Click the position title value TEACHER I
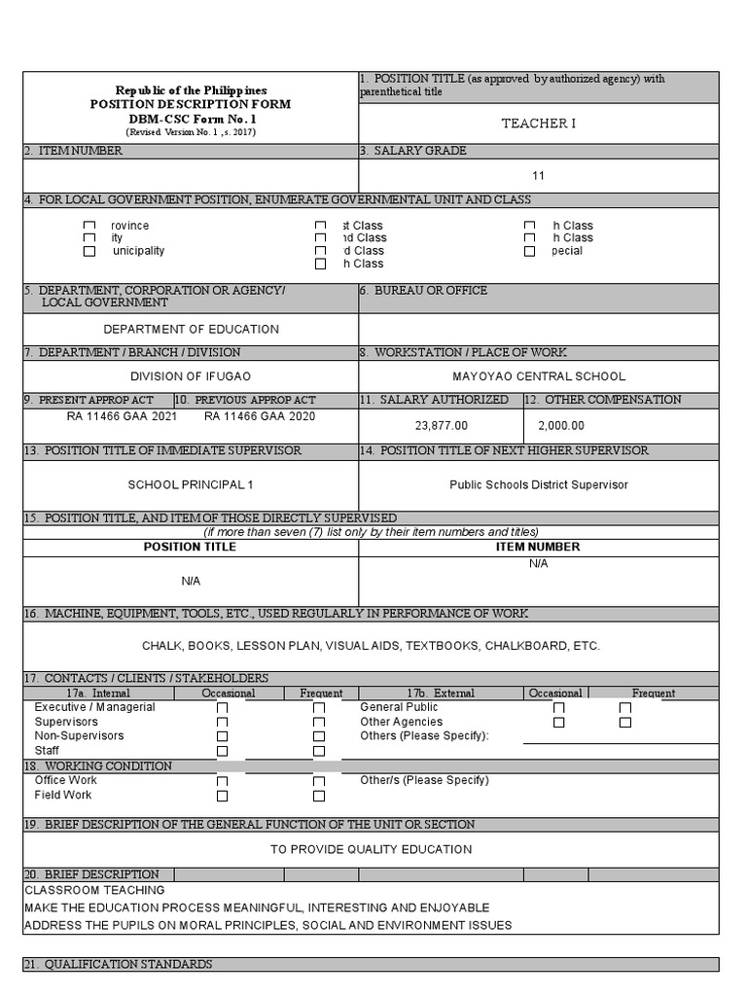coord(538,124)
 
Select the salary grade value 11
coord(538,176)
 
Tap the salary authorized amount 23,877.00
coord(442,425)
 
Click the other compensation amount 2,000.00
coord(561,425)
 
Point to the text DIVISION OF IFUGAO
coord(191,376)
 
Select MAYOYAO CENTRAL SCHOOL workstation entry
coord(539,376)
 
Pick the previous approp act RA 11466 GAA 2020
coord(260,416)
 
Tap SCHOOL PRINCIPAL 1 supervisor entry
coord(191,484)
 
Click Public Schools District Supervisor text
coord(539,484)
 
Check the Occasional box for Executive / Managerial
coord(223,709)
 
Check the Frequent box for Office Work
coord(319,782)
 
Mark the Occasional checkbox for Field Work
coord(223,797)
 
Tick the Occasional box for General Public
coord(558,709)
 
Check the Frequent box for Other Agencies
coord(625,723)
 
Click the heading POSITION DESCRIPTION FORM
coord(191,104)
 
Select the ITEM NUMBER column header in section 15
coord(538,547)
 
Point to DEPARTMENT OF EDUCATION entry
coord(191,330)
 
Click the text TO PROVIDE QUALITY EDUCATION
coord(371,849)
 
